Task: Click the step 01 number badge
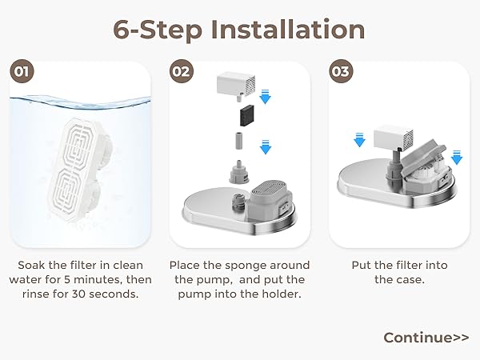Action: [x=22, y=71]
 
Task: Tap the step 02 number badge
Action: [x=182, y=71]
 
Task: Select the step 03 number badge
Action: [x=341, y=71]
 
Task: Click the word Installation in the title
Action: [x=288, y=30]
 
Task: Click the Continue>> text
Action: [x=426, y=338]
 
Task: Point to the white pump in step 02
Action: [x=236, y=83]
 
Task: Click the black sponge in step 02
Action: [x=247, y=114]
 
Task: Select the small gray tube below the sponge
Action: [x=238, y=141]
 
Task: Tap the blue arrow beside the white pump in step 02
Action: [x=265, y=97]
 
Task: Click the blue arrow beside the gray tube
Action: [x=266, y=147]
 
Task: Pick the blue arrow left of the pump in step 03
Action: [x=359, y=140]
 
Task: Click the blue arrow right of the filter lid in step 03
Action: [x=457, y=158]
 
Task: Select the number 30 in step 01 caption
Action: [x=79, y=294]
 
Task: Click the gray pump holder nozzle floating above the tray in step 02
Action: [x=239, y=172]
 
